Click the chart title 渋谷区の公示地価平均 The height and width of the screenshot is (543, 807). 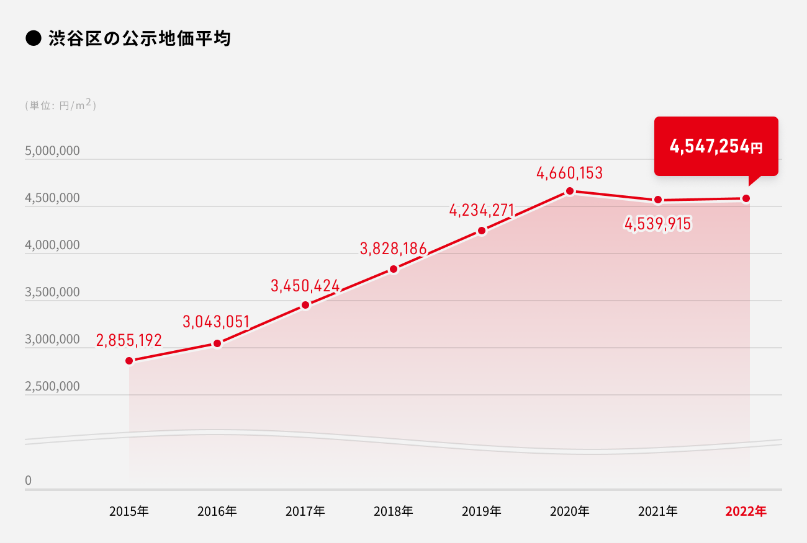point(139,39)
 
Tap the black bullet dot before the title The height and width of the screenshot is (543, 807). point(33,39)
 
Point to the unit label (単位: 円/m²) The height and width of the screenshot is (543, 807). point(60,105)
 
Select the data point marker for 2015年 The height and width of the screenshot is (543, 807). point(129,361)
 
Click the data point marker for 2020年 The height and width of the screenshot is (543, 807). point(570,191)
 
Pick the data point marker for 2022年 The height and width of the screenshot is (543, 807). point(746,198)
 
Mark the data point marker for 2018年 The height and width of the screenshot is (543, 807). point(394,269)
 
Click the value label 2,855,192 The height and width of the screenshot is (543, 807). point(129,340)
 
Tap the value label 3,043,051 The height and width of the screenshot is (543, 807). point(216,322)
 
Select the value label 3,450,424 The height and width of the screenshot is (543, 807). point(305,286)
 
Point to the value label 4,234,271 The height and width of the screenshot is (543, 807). point(482,211)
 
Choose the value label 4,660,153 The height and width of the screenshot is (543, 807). point(570,173)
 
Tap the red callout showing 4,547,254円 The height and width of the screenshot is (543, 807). point(716,147)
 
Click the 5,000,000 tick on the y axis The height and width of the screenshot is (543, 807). point(52,151)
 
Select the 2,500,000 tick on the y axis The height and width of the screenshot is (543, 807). point(52,387)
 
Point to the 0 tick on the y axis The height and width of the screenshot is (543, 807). point(29,481)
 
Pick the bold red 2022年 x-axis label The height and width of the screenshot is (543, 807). point(746,511)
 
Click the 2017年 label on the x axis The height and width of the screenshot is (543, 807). point(305,511)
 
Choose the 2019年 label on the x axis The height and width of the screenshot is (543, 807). point(482,511)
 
